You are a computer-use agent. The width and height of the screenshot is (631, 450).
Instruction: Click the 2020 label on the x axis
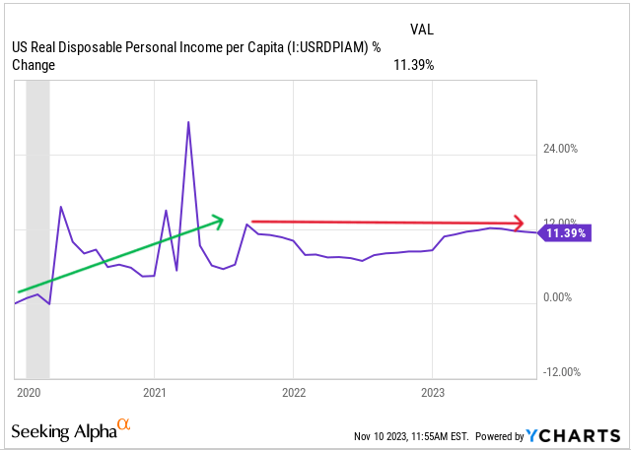click(28, 392)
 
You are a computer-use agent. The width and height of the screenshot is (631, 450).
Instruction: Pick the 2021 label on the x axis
click(155, 392)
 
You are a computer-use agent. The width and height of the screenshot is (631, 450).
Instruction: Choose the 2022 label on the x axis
click(294, 392)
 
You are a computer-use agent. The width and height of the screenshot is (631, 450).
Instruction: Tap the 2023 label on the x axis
click(433, 392)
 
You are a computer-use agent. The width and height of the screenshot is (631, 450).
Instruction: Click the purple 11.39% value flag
click(566, 233)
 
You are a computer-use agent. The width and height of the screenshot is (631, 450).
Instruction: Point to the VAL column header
click(421, 29)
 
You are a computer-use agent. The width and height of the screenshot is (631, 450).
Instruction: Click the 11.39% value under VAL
click(414, 65)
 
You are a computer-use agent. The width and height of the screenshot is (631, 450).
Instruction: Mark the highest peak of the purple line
click(188, 122)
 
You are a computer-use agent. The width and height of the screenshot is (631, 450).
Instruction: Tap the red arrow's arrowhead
click(518, 224)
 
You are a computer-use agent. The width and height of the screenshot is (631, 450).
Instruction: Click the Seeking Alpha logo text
click(63, 431)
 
